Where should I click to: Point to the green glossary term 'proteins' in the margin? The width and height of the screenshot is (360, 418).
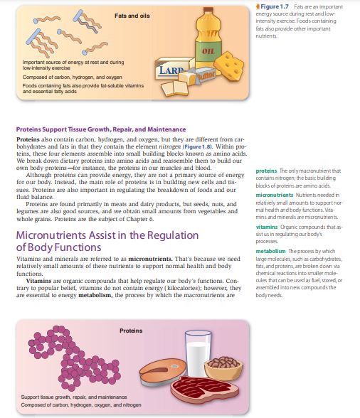(266, 170)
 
